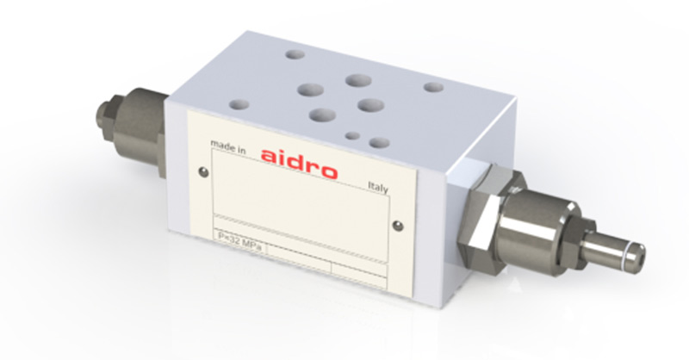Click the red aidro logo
tap(299, 164)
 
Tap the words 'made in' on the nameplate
tap(228, 146)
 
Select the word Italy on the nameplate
tap(378, 187)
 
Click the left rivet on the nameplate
tap(203, 172)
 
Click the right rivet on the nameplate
tap(398, 226)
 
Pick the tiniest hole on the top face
tap(352, 136)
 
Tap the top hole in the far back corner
tap(295, 54)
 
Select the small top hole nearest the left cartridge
tap(239, 104)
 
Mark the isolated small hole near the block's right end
tap(433, 87)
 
